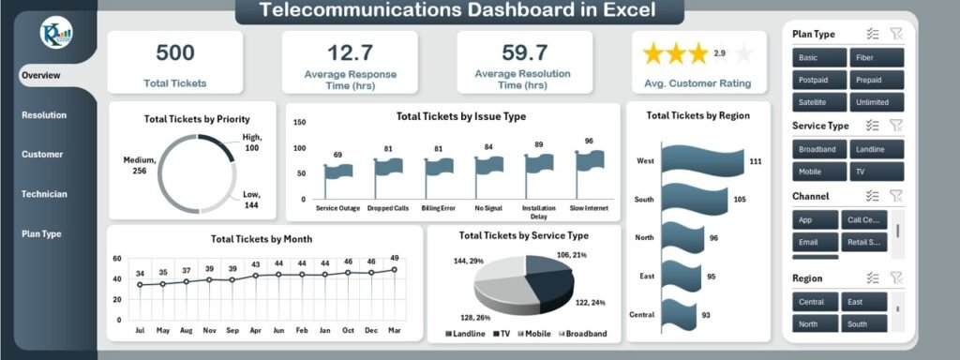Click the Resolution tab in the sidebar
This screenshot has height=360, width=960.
pos(44,115)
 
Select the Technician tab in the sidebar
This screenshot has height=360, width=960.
pos(44,194)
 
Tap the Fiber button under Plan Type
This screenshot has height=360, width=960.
pos(877,57)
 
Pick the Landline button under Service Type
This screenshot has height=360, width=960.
pos(877,149)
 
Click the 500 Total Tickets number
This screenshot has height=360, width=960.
pos(175,52)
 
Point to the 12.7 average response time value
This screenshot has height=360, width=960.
pos(350,52)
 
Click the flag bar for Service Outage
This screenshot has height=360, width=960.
pos(338,172)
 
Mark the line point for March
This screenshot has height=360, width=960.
pos(394,270)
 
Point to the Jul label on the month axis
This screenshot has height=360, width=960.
pos(141,330)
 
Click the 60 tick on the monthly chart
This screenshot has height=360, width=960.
pos(117,259)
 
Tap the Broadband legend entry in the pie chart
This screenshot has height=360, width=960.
pos(583,334)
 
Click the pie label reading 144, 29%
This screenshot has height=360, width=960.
pos(467,260)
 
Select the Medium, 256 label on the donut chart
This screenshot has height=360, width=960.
pos(139,165)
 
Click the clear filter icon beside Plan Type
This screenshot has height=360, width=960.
pos(896,34)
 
